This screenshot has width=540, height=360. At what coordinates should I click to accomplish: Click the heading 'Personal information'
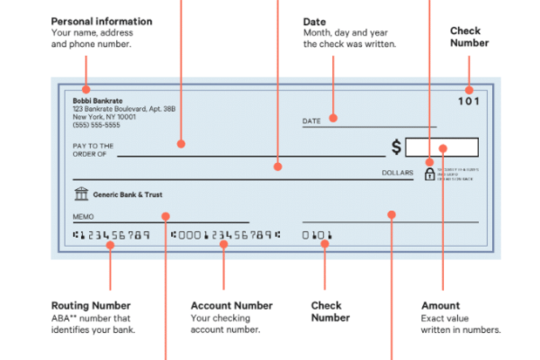tap(102, 21)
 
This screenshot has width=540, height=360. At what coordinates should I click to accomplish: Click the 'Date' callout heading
tap(314, 21)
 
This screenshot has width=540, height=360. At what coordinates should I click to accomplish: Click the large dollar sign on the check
tap(396, 147)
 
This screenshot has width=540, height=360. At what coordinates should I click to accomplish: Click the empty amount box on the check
tap(441, 147)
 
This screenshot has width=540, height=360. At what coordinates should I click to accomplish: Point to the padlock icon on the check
tap(429, 173)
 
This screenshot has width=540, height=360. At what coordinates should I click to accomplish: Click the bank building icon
tap(81, 193)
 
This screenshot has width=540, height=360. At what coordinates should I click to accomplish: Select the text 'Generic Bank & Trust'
tap(128, 194)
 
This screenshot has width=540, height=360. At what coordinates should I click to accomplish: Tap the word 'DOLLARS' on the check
tap(397, 172)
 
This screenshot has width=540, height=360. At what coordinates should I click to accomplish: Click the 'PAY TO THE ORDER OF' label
tap(93, 148)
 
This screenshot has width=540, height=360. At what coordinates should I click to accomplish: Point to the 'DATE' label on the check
tap(311, 121)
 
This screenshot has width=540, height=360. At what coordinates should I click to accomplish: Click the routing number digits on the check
tap(111, 236)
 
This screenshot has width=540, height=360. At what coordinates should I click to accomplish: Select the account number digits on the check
tap(224, 236)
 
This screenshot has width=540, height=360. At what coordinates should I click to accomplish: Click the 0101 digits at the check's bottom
tap(317, 236)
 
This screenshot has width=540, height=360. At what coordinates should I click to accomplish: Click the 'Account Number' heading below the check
tap(231, 306)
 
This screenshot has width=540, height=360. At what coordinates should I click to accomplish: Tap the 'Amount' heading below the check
tap(440, 306)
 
